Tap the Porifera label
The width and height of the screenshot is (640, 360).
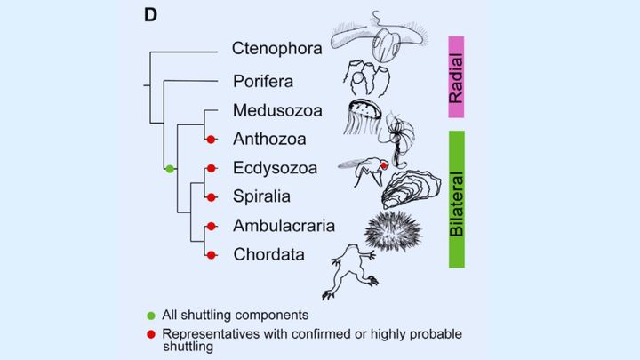[x=264, y=82]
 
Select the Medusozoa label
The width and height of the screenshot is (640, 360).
[x=277, y=111]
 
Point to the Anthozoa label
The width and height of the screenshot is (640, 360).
[x=270, y=140]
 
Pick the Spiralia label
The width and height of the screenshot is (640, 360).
[x=263, y=196]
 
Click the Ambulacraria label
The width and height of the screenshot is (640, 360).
[x=282, y=226]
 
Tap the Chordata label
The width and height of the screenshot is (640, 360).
[x=268, y=254]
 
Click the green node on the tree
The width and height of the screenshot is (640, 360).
[x=169, y=168]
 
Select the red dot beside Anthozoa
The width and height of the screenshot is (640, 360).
[x=212, y=140]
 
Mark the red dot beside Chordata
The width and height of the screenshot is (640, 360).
[x=212, y=254]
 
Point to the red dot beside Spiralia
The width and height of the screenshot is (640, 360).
[x=212, y=196]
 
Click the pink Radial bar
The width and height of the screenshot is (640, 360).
[x=456, y=77]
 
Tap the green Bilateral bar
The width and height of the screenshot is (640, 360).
[x=456, y=198]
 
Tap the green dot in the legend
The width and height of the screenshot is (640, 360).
[x=152, y=316]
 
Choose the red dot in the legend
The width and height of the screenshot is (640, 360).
[x=152, y=333]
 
